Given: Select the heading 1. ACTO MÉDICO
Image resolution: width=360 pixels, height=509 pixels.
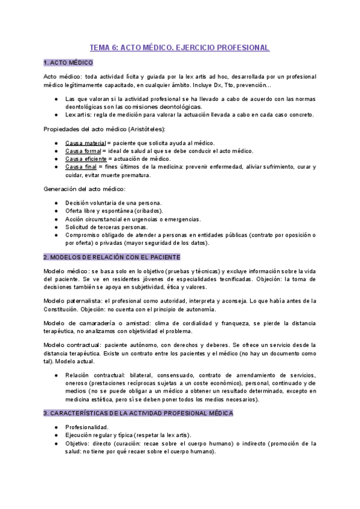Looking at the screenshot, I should (x=68, y=62).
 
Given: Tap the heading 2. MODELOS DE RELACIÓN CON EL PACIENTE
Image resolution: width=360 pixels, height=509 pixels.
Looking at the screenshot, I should (x=112, y=257).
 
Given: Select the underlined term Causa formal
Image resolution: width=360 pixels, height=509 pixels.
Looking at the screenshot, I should (x=83, y=151).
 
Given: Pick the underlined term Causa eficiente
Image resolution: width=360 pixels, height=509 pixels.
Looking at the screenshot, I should (x=86, y=158).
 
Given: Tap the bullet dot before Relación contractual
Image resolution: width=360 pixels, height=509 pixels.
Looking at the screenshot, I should (x=56, y=375).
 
